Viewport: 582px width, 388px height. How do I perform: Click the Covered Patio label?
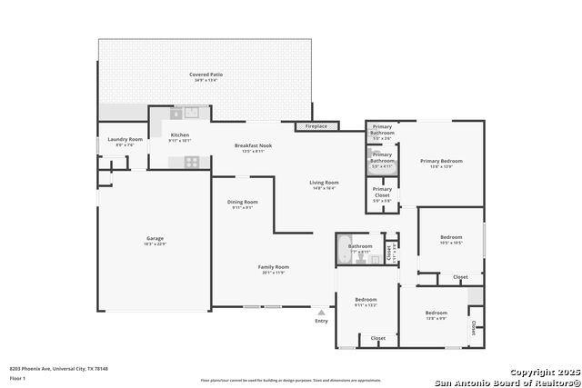pos(206,75)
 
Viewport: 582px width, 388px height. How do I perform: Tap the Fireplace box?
pos(316,126)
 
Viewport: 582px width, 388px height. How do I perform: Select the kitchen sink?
pos(192,114)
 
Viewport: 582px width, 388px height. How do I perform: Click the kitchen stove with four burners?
pos(192,161)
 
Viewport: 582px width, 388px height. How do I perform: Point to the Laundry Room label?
pos(125,139)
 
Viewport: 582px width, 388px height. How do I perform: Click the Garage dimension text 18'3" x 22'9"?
pos(155,244)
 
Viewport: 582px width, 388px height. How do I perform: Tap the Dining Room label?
pos(242,202)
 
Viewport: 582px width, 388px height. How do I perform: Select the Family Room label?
pos(273,266)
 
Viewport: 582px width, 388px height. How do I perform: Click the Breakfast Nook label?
pos(253,145)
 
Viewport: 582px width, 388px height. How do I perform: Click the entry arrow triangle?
pos(321,312)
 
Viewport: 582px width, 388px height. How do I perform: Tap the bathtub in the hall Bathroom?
pos(344,249)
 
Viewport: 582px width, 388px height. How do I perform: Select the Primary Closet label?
pos(382,189)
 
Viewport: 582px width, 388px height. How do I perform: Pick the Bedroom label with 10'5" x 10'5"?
pos(451,237)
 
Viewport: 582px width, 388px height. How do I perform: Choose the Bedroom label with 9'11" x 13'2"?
pos(366,299)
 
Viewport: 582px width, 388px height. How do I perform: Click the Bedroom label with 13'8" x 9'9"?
pos(436,313)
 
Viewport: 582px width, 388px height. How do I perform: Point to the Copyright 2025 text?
pos(542,373)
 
